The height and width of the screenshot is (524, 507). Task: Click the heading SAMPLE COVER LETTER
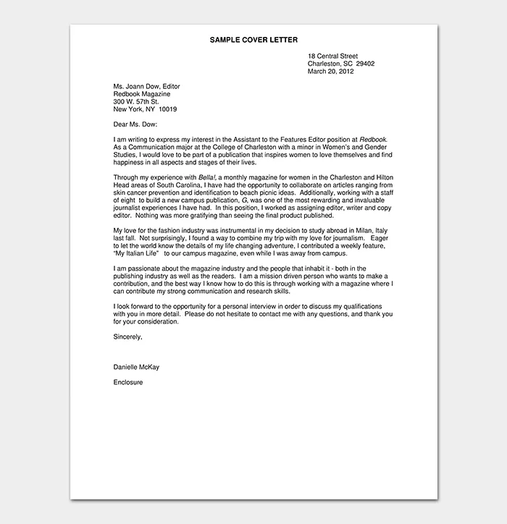(x=253, y=40)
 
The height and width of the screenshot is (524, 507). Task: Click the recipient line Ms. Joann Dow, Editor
(x=147, y=86)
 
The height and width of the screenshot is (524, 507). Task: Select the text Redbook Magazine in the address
(x=142, y=94)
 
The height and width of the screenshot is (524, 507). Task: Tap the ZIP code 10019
(x=167, y=109)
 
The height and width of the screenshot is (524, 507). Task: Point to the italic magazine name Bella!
(x=208, y=177)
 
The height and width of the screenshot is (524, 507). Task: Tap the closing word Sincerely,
(x=128, y=337)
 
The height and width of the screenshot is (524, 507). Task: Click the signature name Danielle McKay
(x=136, y=367)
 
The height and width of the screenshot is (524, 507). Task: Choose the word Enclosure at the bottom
(x=128, y=382)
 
